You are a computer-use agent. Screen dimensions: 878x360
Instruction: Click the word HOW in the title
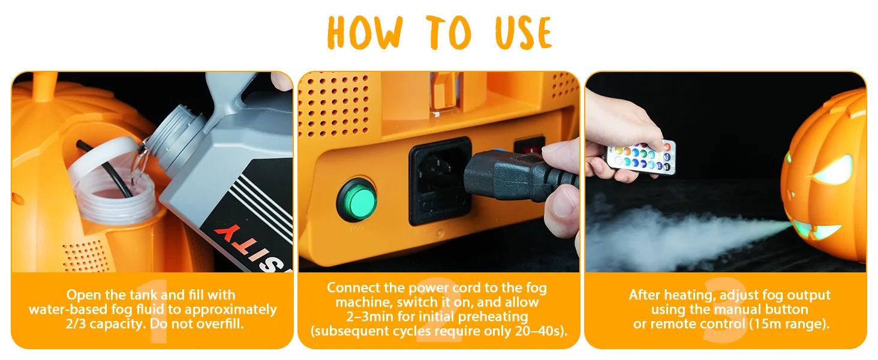click(365, 32)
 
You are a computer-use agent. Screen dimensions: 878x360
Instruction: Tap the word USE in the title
click(524, 32)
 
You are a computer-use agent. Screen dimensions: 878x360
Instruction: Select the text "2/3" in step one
click(76, 324)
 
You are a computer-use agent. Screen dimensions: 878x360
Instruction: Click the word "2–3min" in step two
click(370, 316)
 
